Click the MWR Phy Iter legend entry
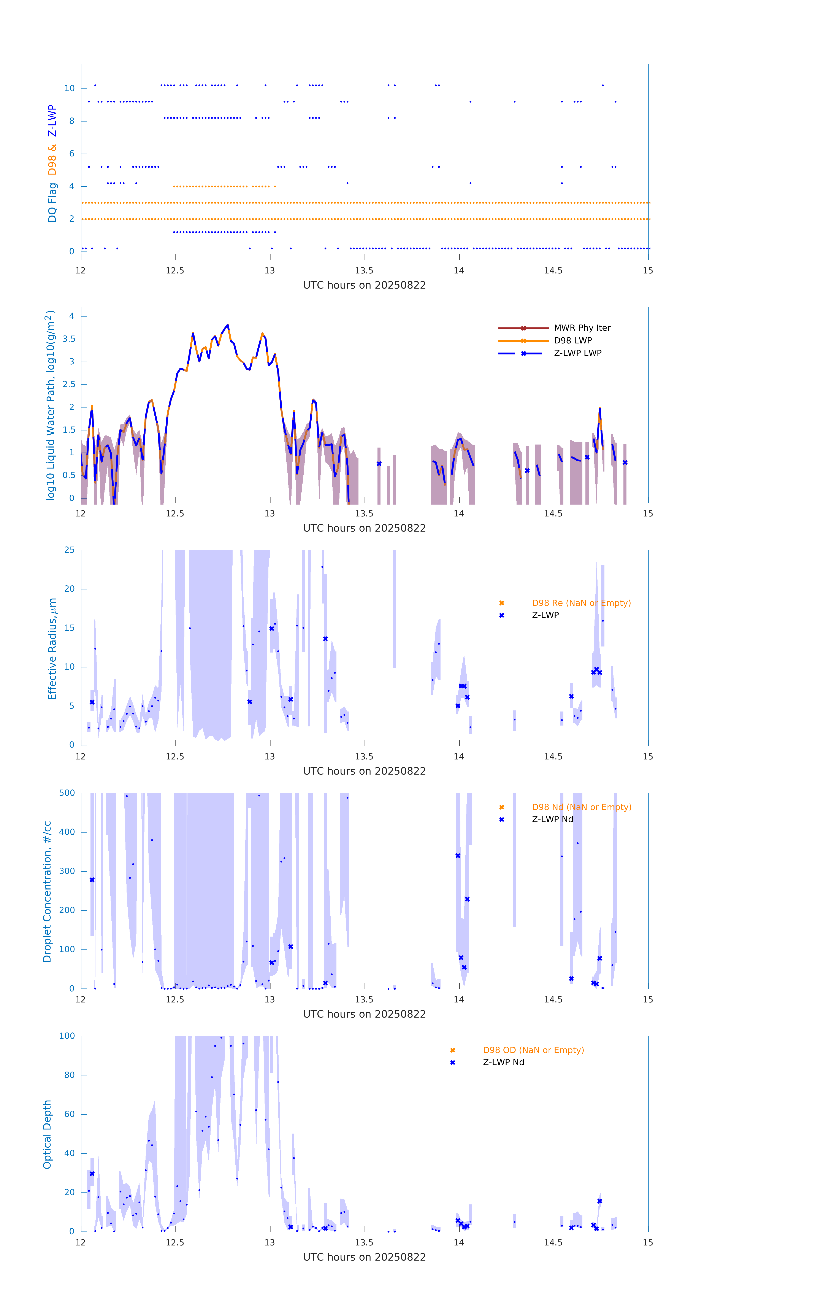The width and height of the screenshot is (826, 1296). tap(582, 328)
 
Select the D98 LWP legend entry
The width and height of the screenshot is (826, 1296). tap(572, 341)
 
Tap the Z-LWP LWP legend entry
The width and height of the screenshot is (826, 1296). tap(577, 353)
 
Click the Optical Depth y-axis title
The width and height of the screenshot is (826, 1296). tap(47, 1134)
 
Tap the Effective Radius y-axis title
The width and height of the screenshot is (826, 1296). tap(52, 648)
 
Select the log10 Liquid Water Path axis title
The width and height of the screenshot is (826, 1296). tap(51, 405)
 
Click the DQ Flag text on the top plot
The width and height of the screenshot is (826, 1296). tap(52, 202)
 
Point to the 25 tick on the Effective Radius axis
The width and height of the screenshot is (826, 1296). tap(69, 550)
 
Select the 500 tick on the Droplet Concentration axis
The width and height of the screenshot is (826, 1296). tap(67, 793)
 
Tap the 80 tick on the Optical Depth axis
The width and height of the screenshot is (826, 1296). tap(69, 1075)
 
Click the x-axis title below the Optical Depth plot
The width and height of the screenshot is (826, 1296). tap(364, 1257)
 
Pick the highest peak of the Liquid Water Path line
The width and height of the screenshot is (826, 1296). tap(228, 325)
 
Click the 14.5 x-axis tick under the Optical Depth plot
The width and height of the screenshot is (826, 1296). tap(553, 1243)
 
